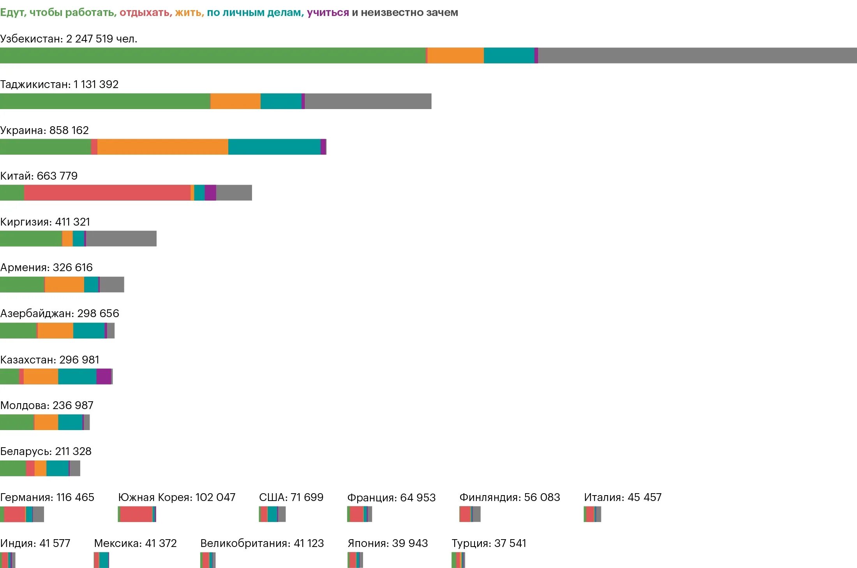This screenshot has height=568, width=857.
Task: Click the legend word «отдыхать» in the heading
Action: pos(145,12)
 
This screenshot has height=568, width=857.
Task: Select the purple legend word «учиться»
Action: pos(328,12)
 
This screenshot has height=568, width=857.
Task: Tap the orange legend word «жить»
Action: pos(189,12)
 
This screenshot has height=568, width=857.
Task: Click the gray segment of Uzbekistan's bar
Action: pos(697,55)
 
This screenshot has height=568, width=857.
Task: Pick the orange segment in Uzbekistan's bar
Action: pos(455,55)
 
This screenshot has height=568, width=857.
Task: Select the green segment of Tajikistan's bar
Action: pos(105,101)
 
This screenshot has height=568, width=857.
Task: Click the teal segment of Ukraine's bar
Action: pos(274,147)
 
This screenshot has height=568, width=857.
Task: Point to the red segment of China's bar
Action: pos(107,193)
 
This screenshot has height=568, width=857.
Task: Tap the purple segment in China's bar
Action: pos(210,193)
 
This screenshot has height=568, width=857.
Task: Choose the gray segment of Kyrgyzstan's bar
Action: pos(121,238)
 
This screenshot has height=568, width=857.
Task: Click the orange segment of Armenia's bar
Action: pos(64,284)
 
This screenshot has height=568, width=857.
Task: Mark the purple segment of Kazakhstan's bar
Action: pos(104,376)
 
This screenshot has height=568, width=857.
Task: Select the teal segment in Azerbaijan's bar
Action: pos(89,331)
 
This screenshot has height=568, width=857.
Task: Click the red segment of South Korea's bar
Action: pos(136,514)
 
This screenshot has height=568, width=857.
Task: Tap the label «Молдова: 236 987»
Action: pos(47,405)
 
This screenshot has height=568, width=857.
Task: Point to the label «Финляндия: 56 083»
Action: pos(510,497)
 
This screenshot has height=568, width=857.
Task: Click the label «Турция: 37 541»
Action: pos(489,543)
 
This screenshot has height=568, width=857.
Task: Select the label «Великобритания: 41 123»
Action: pos(262,543)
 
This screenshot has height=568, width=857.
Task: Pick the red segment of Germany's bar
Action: pos(14,514)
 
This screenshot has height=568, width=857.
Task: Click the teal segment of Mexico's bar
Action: pos(104,560)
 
